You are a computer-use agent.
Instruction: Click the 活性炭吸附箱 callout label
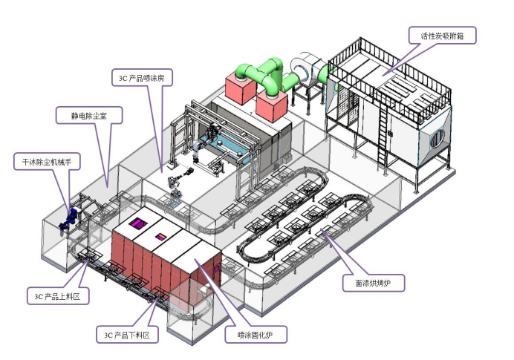pos(442,34)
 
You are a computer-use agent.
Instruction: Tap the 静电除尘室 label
pos(85,115)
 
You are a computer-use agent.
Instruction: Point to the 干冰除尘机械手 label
pos(46,160)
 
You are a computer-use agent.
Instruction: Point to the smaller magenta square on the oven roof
pos(160,237)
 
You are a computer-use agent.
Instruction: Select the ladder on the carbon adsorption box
pos(385,141)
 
